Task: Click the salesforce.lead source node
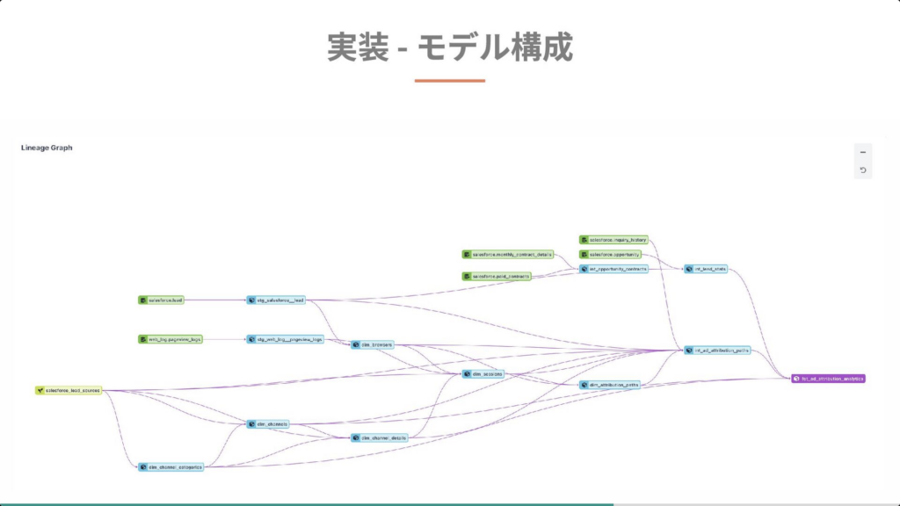point(161,300)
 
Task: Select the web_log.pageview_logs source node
point(171,339)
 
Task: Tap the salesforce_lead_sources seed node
point(69,390)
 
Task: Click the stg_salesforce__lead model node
point(276,300)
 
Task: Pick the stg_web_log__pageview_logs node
point(286,339)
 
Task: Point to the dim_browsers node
point(372,345)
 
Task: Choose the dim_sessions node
point(483,374)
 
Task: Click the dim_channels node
point(267,424)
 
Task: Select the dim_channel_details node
point(379,437)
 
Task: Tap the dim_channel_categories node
point(171,467)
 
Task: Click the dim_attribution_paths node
point(608,385)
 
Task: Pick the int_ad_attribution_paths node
point(717,350)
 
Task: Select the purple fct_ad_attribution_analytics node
point(828,379)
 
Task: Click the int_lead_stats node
point(707,269)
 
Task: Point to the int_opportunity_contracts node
point(613,269)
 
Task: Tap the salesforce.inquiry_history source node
point(613,240)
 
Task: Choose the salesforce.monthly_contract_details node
point(507,255)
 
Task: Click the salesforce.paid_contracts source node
point(497,277)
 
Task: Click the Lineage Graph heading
point(47,148)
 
